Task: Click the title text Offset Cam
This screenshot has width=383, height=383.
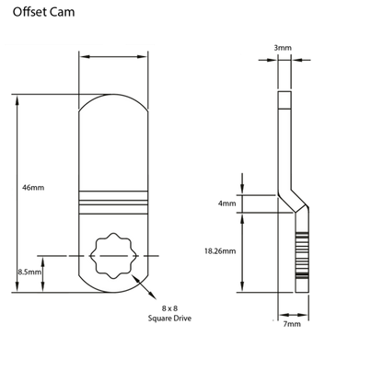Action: pos(43,12)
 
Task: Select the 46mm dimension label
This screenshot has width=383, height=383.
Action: pos(33,188)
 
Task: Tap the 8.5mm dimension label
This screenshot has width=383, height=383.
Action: pos(29,272)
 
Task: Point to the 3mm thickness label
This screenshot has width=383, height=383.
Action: pos(283,48)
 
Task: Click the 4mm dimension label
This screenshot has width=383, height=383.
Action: pos(227,203)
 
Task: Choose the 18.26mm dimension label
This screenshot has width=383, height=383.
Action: pos(220,251)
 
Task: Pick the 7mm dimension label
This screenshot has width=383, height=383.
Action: pos(292,324)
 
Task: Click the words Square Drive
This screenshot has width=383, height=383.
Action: pos(169,319)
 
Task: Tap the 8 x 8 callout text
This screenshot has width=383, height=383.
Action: pos(169,308)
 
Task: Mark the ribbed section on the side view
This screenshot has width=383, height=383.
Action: pos(302,255)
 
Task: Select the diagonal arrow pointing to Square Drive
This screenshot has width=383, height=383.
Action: pos(144,286)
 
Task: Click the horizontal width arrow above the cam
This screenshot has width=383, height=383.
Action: pos(113,57)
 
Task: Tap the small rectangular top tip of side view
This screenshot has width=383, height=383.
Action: pos(284,100)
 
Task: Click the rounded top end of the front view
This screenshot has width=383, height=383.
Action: pos(113,95)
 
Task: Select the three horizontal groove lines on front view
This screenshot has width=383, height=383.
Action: pos(113,203)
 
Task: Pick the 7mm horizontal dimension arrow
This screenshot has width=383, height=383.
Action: pos(294,315)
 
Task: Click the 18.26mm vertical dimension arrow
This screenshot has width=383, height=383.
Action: pos(242,252)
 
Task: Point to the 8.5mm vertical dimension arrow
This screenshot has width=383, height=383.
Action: pos(42,274)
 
